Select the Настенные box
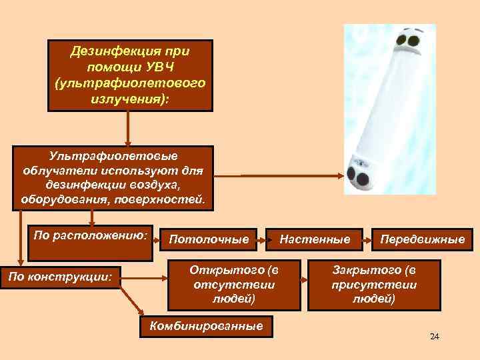click(x=315, y=238)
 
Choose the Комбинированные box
click(x=207, y=325)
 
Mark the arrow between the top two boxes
click(x=129, y=127)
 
